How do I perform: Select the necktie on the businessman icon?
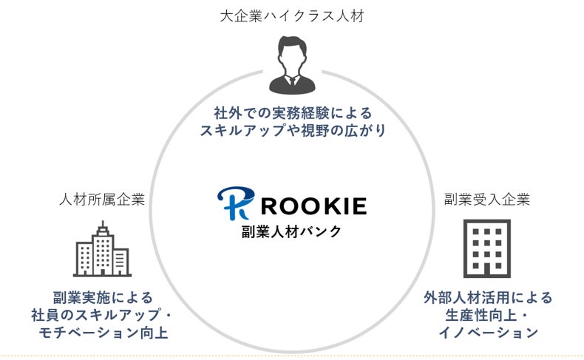coord(292,83)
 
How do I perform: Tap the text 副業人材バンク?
coord(292,231)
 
